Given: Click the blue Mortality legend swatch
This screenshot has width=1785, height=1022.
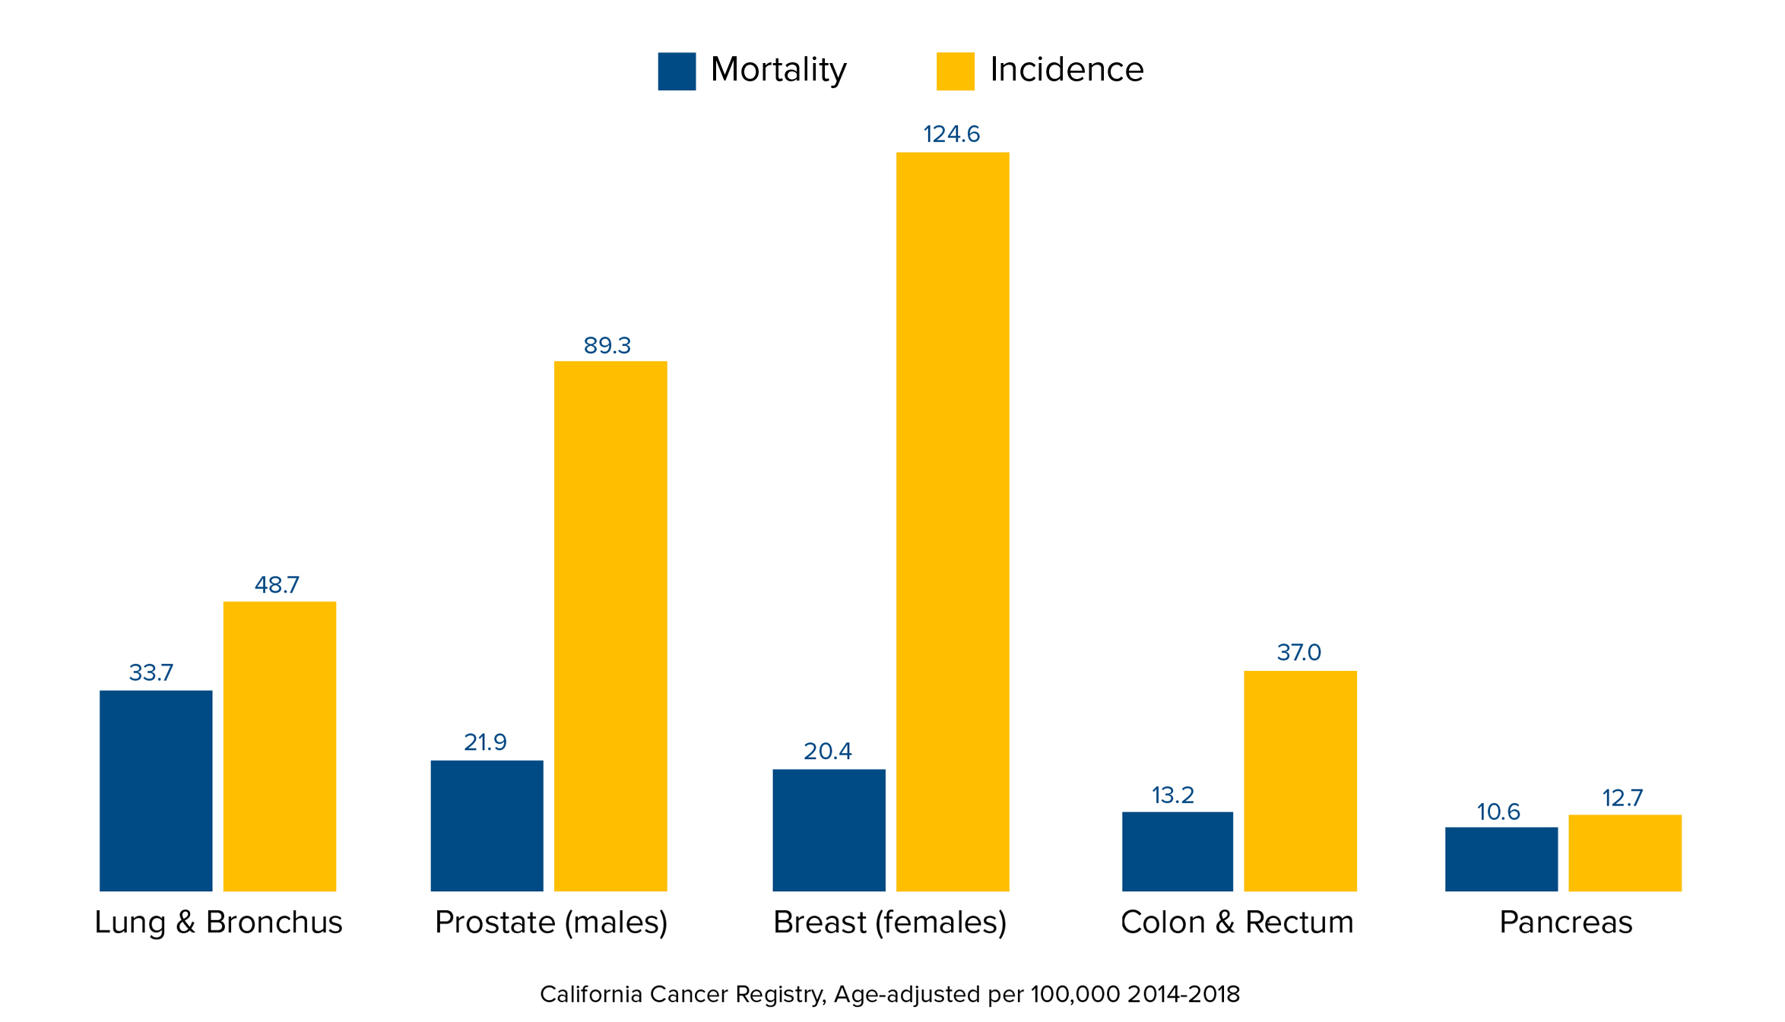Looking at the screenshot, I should click(x=676, y=71).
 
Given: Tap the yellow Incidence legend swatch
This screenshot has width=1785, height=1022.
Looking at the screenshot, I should click(x=955, y=71).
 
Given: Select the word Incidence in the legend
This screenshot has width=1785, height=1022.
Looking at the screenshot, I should click(x=1066, y=70).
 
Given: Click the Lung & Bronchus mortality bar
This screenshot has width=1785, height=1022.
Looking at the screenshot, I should click(x=156, y=790).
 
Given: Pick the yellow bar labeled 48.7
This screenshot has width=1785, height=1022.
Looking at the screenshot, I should click(x=279, y=745).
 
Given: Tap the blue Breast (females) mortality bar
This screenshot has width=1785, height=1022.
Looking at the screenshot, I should click(x=829, y=830).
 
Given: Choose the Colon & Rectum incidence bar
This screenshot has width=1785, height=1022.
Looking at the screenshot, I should click(x=1299, y=780).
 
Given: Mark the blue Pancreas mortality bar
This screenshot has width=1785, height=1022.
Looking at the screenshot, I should click(x=1501, y=859).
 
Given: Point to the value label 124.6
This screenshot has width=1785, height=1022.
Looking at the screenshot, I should click(x=951, y=134).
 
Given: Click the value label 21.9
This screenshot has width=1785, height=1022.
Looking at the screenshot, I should click(x=485, y=742).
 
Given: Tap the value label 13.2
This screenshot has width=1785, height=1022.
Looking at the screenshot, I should click(x=1172, y=796).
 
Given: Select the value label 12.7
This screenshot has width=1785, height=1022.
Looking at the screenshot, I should click(x=1622, y=799).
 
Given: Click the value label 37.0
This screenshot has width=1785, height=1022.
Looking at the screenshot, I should click(x=1298, y=653).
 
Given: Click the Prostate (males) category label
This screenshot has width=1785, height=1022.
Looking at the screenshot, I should click(x=550, y=922).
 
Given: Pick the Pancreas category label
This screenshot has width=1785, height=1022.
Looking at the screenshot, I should click(x=1565, y=922).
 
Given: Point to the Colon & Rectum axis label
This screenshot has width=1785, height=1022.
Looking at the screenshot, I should click(x=1236, y=922).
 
